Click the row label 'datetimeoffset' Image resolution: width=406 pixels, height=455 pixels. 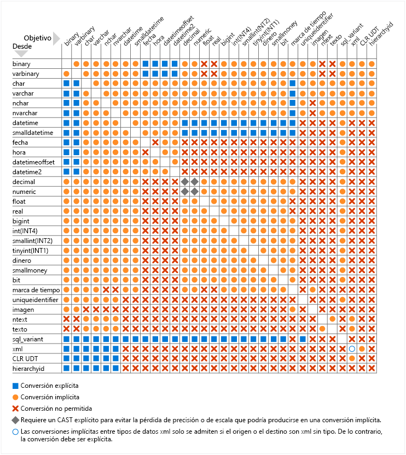[x=31, y=162]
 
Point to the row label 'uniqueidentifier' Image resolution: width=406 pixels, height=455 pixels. [x=31, y=299]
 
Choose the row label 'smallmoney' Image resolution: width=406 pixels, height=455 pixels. [x=27, y=270]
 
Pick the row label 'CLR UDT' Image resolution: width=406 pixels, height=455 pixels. [x=24, y=358]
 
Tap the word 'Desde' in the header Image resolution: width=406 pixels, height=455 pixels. [x=22, y=47]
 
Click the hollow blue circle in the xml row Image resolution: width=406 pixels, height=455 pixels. [x=352, y=348]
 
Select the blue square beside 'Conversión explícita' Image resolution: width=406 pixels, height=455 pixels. [x=15, y=386]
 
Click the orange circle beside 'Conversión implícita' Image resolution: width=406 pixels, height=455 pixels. [x=15, y=397]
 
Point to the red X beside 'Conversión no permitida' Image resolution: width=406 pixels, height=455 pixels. [x=15, y=409]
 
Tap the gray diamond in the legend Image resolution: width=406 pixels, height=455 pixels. [x=15, y=420]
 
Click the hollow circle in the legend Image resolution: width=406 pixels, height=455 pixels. [x=15, y=432]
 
